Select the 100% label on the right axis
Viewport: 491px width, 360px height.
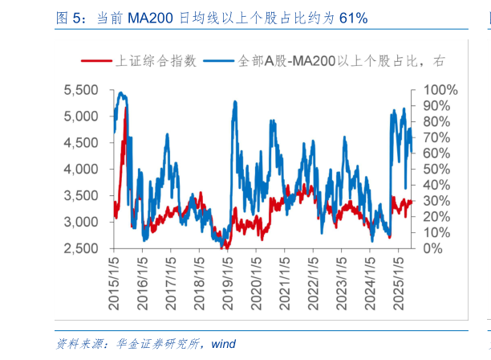click(x=440, y=90)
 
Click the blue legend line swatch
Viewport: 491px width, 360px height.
click(x=219, y=60)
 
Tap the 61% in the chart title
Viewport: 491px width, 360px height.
click(x=351, y=17)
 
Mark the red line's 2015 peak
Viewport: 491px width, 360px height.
click(x=125, y=119)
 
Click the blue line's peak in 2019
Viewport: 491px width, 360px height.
click(x=233, y=102)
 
